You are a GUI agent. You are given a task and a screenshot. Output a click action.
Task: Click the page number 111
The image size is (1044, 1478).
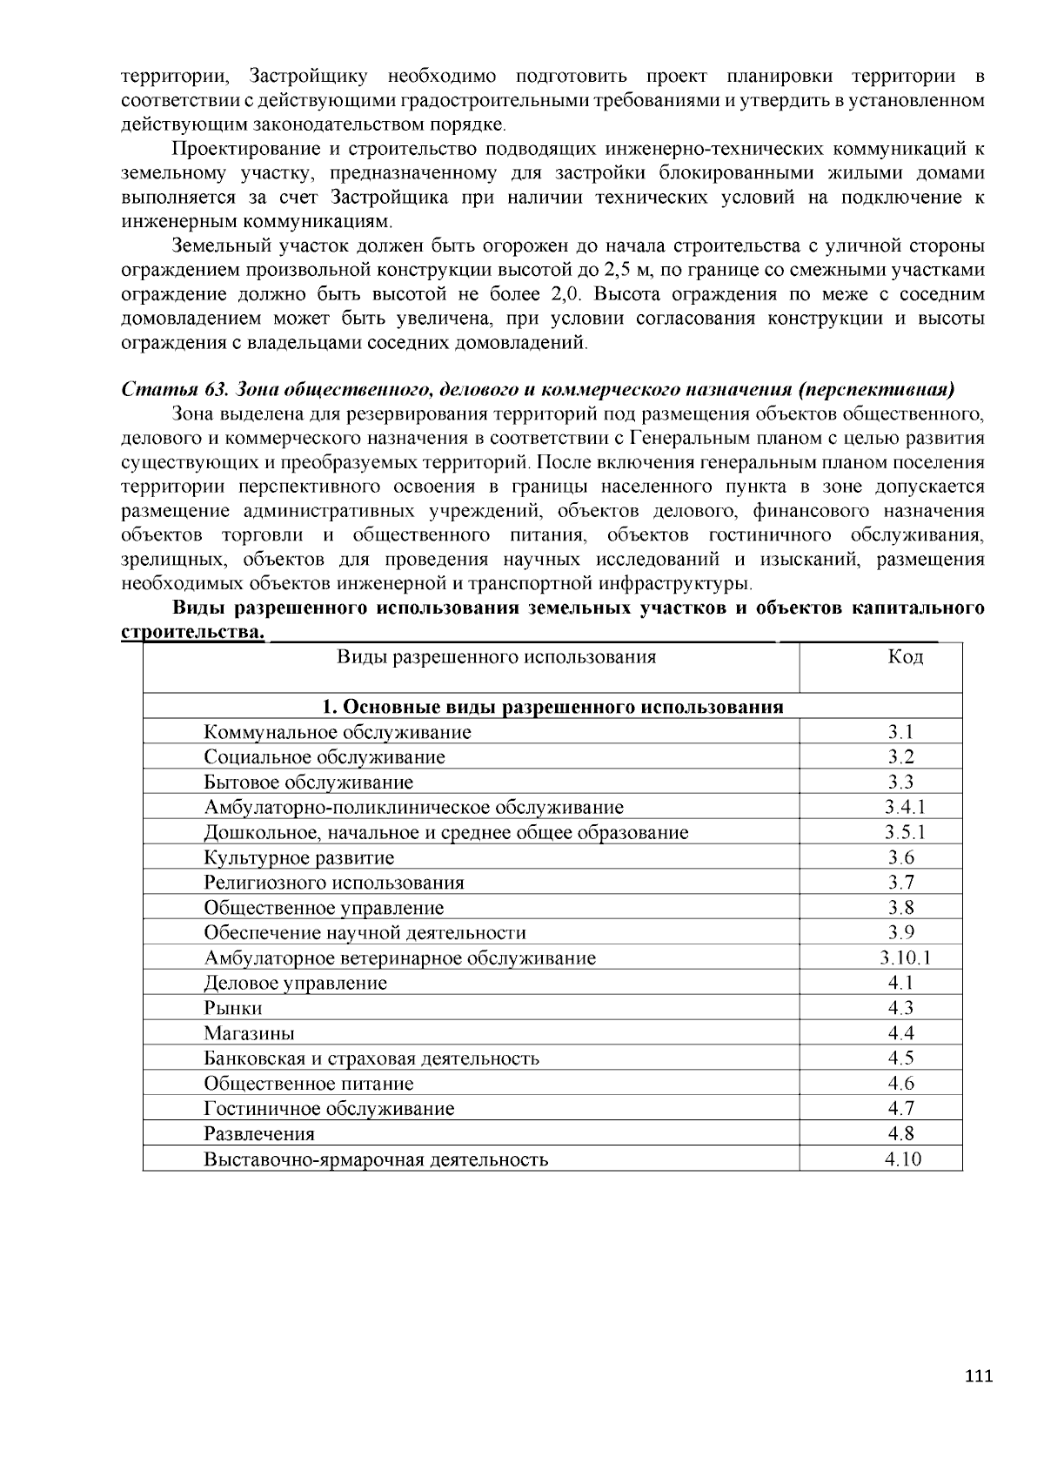click(979, 1376)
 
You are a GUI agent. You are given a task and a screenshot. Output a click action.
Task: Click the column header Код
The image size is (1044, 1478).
click(905, 656)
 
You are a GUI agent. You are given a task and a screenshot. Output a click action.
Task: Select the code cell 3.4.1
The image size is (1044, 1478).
click(905, 807)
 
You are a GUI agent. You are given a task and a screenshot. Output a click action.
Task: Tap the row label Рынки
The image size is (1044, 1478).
click(233, 1008)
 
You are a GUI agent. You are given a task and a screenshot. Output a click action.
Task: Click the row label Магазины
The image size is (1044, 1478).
click(249, 1033)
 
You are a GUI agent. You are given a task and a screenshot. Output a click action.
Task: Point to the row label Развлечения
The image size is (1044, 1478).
click(259, 1133)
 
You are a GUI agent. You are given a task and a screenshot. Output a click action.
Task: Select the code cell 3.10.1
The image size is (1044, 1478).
click(905, 957)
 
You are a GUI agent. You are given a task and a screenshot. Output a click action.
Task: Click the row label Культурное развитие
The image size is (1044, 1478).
click(298, 857)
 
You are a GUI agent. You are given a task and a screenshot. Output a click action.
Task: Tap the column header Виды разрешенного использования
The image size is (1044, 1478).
click(496, 656)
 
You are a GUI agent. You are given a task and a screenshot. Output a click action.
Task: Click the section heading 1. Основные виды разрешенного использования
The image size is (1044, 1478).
click(552, 706)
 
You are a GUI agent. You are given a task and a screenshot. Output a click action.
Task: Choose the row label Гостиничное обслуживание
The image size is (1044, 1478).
click(329, 1108)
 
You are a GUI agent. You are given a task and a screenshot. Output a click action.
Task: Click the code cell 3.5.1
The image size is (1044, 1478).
click(905, 832)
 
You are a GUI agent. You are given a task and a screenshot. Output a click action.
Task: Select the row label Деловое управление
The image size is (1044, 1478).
click(295, 983)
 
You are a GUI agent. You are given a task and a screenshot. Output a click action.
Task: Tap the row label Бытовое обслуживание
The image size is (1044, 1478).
click(308, 782)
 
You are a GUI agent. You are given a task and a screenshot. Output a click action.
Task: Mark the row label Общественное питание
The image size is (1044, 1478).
click(309, 1083)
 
